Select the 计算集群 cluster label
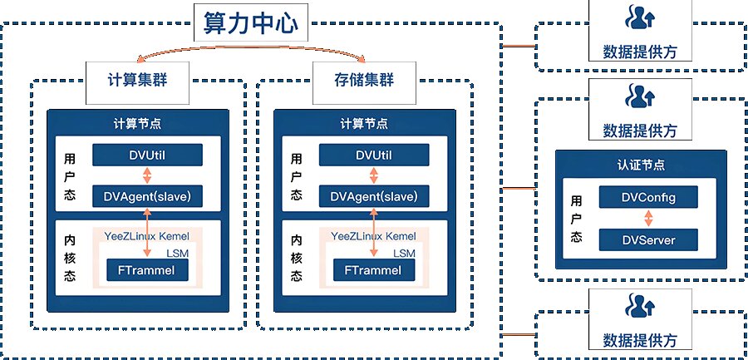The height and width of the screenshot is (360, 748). point(139,81)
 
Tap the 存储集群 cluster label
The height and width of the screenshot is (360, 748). point(365,81)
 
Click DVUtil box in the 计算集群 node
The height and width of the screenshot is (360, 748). point(147,155)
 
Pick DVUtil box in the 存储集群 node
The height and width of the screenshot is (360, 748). point(374,155)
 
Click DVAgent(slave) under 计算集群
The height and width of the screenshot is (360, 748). point(147,196)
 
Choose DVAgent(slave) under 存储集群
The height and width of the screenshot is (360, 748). point(374,196)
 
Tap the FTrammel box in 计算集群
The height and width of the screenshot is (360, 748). point(147,270)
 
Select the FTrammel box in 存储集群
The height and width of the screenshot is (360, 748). point(374,270)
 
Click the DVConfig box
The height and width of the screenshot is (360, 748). point(648,198)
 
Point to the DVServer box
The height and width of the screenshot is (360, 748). point(648,240)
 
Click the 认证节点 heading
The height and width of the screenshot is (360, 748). point(641,165)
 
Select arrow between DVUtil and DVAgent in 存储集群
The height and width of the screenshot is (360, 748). point(374,175)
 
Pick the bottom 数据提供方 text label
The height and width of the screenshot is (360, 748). point(639,340)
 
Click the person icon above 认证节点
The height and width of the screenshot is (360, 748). point(639,98)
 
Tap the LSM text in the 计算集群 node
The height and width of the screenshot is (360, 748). point(176,253)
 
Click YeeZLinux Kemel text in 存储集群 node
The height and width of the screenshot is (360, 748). point(372,237)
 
